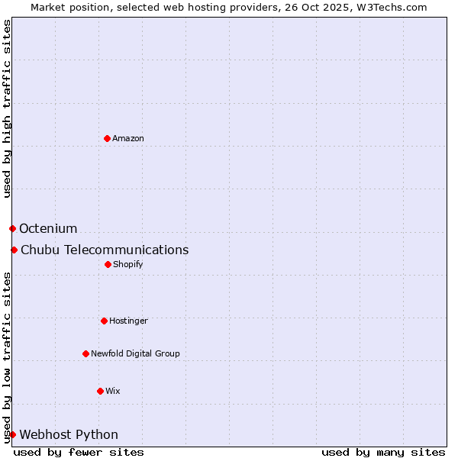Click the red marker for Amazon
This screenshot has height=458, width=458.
coord(107,138)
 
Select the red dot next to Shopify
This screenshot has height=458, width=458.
coord(108,264)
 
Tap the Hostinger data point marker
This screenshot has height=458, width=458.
coord(104,321)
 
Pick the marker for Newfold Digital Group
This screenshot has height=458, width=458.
coord(85,353)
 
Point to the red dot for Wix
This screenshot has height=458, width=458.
coord(100,391)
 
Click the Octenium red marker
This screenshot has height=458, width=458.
coord(12,228)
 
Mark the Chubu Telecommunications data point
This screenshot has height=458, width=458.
coord(14,250)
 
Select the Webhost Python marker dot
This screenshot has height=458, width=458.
coord(12,434)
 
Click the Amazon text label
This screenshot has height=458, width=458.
coord(128,138)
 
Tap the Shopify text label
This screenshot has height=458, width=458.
coord(128,264)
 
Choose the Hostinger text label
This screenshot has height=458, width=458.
coord(128,321)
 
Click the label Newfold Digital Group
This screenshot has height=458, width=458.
coord(135,353)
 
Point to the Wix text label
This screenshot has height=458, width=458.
coord(113,391)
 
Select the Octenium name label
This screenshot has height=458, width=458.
coord(48,228)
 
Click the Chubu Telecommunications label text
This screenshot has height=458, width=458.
coord(105,250)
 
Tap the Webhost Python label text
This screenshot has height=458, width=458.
coord(69,434)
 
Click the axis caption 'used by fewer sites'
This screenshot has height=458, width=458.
coord(79,452)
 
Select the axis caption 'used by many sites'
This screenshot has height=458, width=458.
coord(383,452)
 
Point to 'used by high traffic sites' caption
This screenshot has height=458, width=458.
coord(7,108)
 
